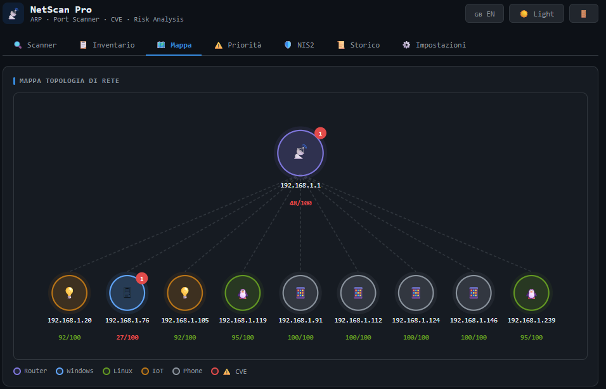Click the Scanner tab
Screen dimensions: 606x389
35,45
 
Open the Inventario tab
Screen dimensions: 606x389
107,45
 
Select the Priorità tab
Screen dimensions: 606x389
238,45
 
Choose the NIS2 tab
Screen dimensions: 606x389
299,45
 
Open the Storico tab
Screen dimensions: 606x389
358,45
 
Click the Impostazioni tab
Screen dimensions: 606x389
434,45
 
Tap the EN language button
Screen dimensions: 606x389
484,14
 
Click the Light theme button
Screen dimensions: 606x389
536,14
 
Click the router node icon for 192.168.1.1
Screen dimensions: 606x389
300,153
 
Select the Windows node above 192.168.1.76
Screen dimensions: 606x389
127,293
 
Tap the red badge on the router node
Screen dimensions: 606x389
320,133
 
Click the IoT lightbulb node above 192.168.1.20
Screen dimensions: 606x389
70,293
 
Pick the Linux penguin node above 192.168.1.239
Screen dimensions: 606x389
531,293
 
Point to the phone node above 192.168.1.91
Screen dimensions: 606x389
300,293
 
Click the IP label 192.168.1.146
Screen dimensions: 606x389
474,320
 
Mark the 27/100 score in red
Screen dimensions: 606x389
127,337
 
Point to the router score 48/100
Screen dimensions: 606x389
300,203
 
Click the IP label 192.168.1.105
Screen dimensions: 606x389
184,320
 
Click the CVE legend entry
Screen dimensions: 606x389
229,371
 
